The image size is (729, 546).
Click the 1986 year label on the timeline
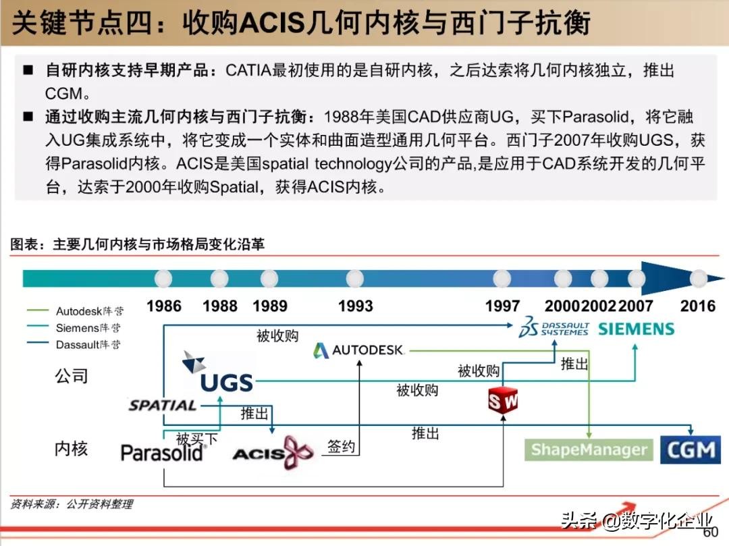point(164,306)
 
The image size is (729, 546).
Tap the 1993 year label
point(355,306)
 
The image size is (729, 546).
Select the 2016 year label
point(697,306)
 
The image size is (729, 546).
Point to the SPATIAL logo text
point(163,406)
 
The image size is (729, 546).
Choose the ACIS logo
point(273,453)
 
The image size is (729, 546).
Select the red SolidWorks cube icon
point(503,400)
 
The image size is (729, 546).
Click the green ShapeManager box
point(589,450)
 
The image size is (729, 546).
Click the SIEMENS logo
point(636,329)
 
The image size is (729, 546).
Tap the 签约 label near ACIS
point(341,446)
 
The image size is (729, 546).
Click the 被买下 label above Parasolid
point(196,439)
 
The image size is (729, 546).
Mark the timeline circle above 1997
point(502,278)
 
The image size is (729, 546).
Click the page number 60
point(710,533)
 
